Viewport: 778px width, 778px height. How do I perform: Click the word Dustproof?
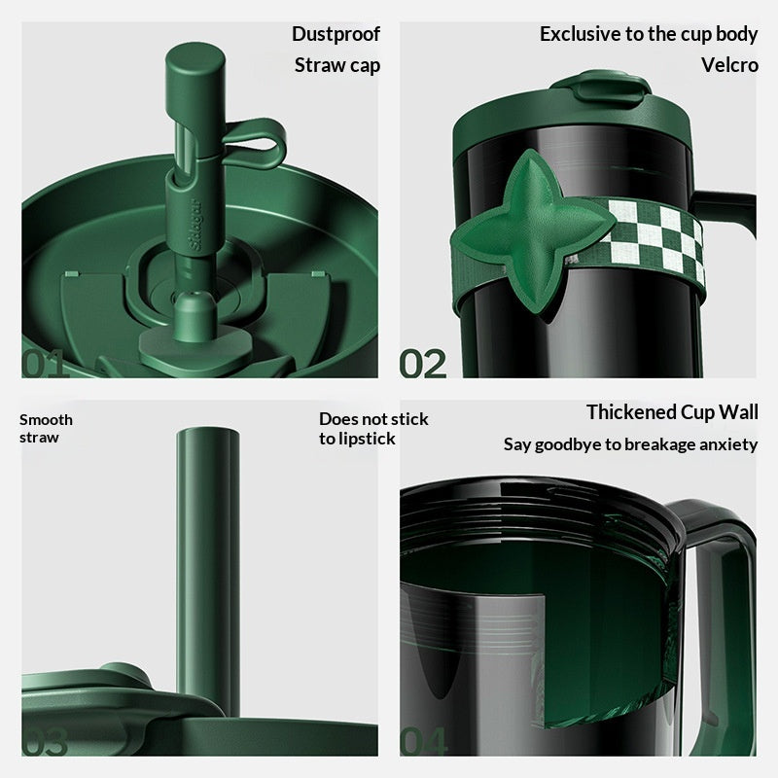(336, 35)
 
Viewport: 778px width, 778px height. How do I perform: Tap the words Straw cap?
(337, 65)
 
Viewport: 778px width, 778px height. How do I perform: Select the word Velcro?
(729, 65)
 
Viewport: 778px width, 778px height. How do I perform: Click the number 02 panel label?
(423, 364)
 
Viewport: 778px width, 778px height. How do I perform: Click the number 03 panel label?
(44, 742)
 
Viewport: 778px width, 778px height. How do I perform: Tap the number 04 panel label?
(423, 742)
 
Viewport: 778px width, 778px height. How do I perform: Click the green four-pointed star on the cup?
(532, 231)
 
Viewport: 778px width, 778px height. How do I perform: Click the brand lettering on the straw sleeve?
(195, 225)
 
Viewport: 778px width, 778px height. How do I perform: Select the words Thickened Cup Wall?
(672, 412)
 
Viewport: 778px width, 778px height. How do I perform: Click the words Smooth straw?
(46, 429)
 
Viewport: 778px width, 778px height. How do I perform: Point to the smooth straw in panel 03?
(208, 571)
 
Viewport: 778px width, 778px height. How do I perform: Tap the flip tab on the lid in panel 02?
(601, 88)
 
